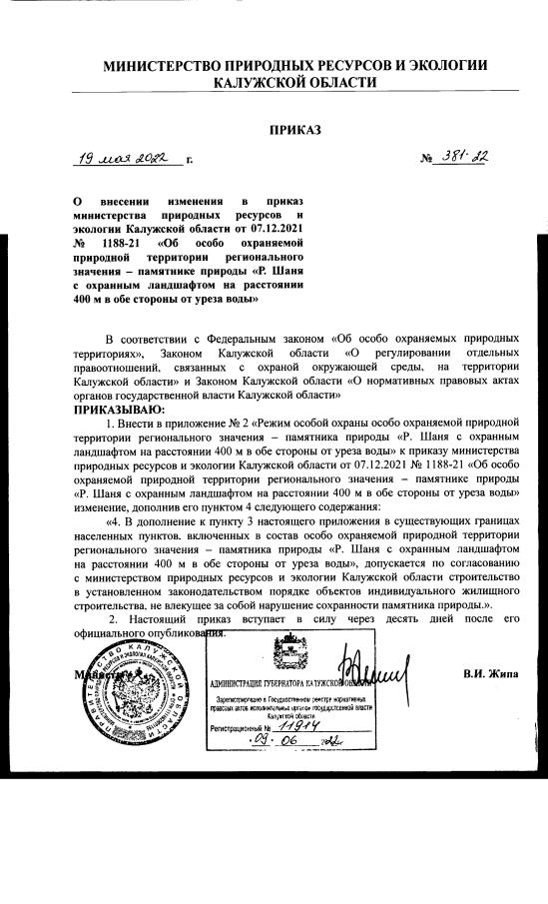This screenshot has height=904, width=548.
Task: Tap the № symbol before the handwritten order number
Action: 425,159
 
